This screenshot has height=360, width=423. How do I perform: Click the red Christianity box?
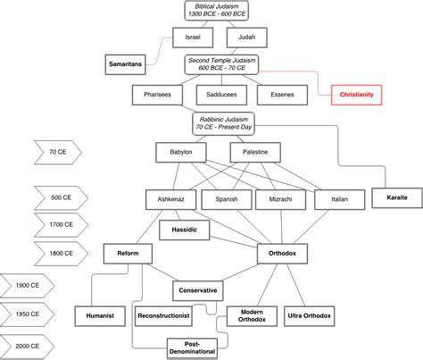(356, 95)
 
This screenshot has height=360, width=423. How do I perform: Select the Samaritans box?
(125, 64)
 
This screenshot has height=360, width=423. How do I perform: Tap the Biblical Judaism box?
(217, 11)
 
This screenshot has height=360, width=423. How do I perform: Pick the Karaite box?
(397, 197)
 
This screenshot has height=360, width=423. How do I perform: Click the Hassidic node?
(185, 230)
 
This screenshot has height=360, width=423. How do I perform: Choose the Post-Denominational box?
(192, 348)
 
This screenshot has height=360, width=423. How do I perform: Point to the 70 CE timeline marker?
(58, 152)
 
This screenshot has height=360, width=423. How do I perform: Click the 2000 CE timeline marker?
(28, 346)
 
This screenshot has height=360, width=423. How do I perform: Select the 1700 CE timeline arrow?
(61, 225)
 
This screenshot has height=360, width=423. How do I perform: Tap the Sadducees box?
(221, 95)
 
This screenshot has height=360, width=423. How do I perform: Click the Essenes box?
(282, 95)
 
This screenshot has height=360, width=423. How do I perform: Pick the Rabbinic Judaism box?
(224, 123)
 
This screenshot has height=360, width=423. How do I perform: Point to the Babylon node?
(181, 152)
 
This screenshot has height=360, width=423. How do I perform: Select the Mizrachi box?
(280, 199)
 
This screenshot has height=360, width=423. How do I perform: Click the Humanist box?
(100, 316)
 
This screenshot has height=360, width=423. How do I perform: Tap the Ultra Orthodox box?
(310, 316)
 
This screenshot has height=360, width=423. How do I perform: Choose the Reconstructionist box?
(163, 316)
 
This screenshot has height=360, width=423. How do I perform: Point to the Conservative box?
(198, 290)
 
